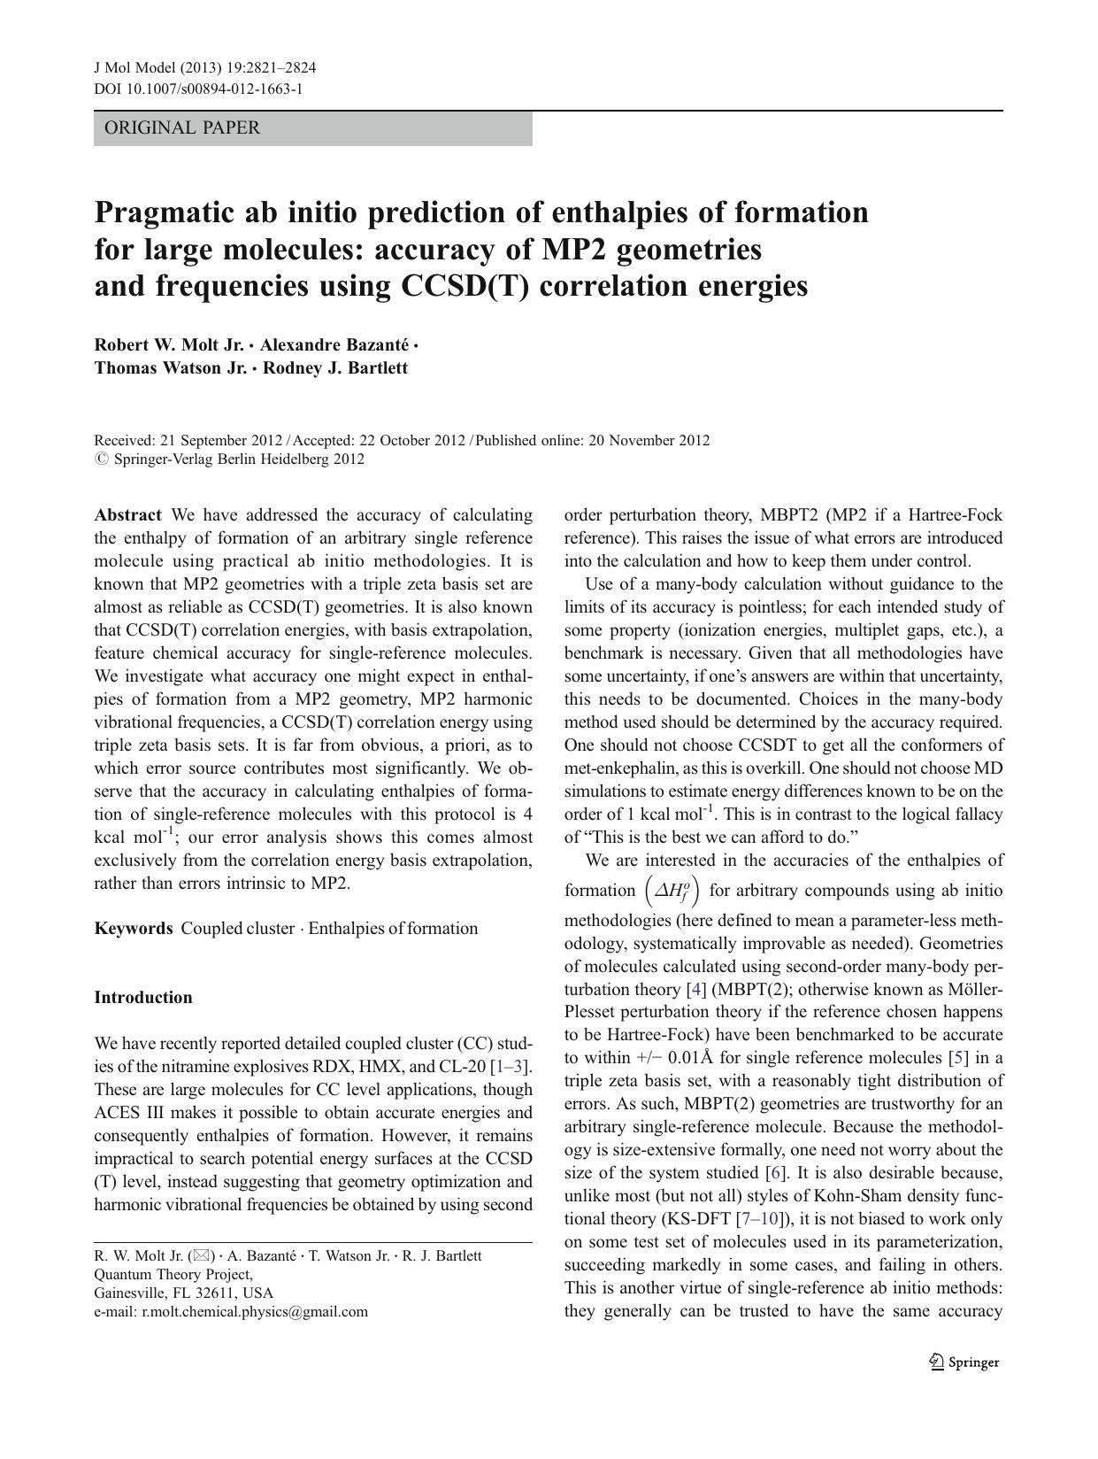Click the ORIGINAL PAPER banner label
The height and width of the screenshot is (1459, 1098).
coord(182,127)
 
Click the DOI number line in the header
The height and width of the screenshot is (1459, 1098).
coord(198,89)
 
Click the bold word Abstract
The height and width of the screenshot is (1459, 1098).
coord(127,514)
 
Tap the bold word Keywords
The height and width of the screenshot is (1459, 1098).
coord(134,928)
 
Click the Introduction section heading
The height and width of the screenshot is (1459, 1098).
coord(143,997)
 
